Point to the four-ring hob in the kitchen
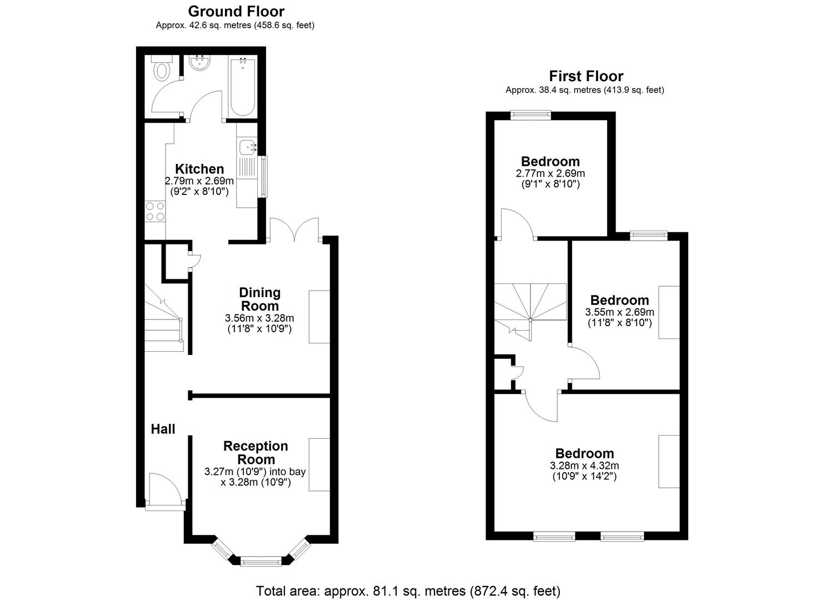point(155,212)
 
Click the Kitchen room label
point(199,169)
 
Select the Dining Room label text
point(259,299)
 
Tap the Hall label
point(163,429)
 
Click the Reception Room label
point(256,453)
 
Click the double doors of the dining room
point(294,229)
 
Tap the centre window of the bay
point(261,562)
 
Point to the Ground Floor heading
point(236,11)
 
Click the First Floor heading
point(586,76)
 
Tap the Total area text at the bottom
point(408,591)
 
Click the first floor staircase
point(531,309)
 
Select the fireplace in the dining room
point(319,317)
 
